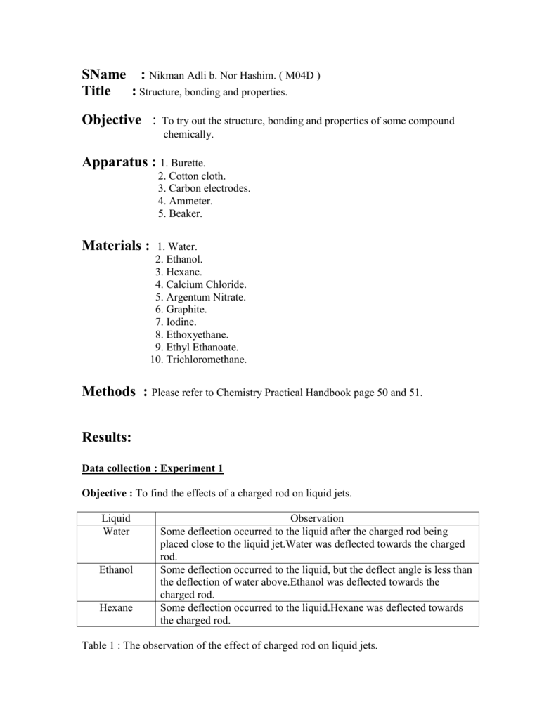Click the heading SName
click(104, 74)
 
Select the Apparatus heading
click(119, 163)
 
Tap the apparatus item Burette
click(183, 164)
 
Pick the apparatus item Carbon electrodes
click(204, 188)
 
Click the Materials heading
click(116, 246)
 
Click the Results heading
click(107, 437)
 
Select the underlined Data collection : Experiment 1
click(153, 468)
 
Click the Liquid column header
click(116, 518)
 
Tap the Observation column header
click(316, 518)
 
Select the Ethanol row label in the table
click(116, 569)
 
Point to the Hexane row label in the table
click(116, 608)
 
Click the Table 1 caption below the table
click(230, 645)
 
